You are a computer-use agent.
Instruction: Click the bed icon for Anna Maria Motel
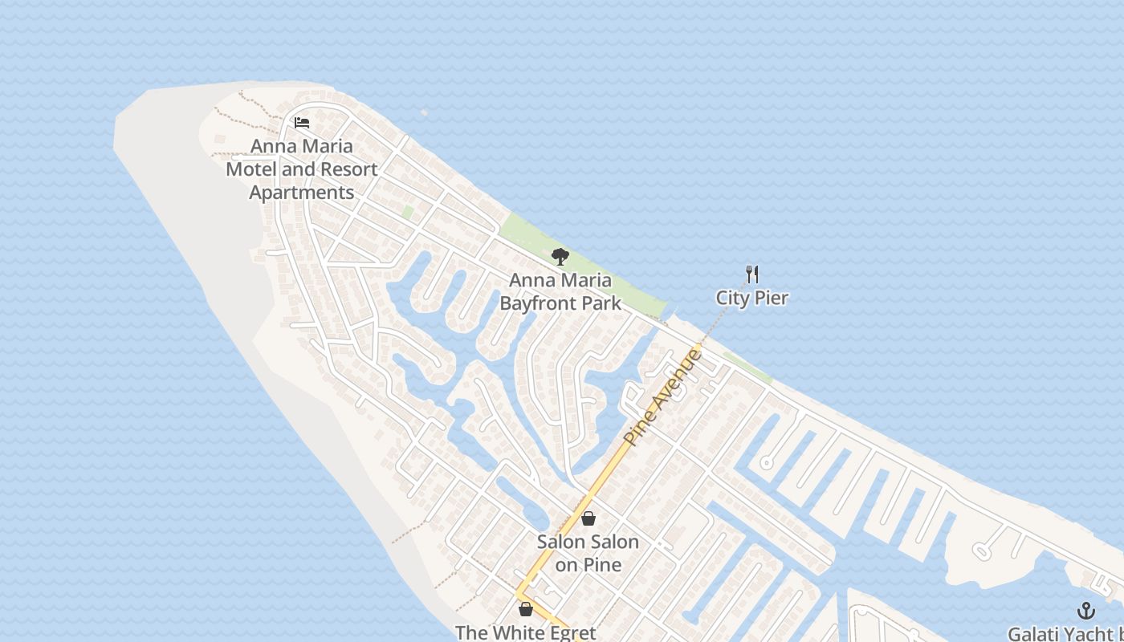302,123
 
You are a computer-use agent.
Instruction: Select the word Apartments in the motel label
302,193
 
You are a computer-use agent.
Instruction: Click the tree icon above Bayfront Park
560,257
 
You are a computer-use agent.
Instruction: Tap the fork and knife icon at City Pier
752,274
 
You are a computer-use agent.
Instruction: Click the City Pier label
752,298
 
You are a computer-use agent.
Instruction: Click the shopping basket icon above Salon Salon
588,518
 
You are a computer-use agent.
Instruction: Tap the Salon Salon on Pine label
588,553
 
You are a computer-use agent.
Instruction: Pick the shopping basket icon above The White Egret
526,609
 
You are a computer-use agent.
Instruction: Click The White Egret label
526,632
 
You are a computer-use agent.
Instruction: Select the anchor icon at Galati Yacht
1085,611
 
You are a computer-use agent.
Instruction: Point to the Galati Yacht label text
1065,634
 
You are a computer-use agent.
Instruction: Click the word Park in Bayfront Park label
605,303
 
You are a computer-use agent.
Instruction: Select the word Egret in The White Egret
570,632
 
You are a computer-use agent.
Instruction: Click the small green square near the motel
408,212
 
